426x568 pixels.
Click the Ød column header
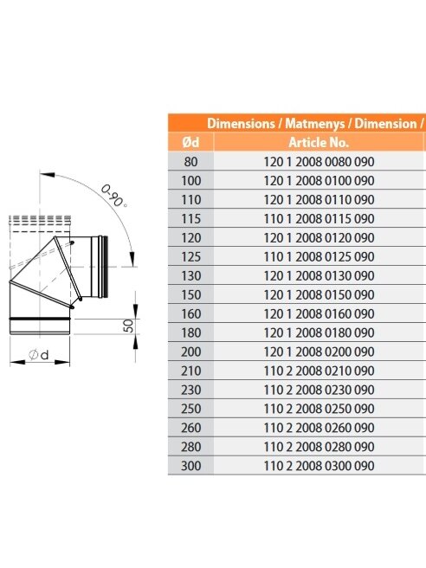click(x=190, y=142)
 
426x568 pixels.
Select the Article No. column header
click(x=319, y=142)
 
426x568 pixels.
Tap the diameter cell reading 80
click(x=190, y=162)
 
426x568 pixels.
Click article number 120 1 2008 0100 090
click(x=319, y=181)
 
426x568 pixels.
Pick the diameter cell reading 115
click(x=190, y=219)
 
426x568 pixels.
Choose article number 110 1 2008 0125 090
click(x=319, y=257)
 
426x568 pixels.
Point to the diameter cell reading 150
click(x=190, y=295)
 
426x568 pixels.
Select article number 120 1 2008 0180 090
click(x=319, y=332)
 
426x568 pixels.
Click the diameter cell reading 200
click(x=190, y=352)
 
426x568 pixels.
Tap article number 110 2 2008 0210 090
click(x=319, y=371)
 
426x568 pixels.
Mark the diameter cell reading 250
click(x=190, y=409)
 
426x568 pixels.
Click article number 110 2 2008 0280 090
click(x=319, y=447)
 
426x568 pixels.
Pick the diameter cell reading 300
click(x=190, y=466)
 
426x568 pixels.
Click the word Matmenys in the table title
click(x=315, y=124)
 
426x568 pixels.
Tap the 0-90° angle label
click(x=113, y=196)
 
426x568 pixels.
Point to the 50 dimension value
click(x=129, y=326)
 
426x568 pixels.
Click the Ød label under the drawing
click(x=38, y=354)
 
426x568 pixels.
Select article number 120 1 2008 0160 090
click(x=319, y=313)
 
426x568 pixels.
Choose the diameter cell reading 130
click(x=190, y=275)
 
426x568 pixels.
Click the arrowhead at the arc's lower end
click(x=132, y=260)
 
